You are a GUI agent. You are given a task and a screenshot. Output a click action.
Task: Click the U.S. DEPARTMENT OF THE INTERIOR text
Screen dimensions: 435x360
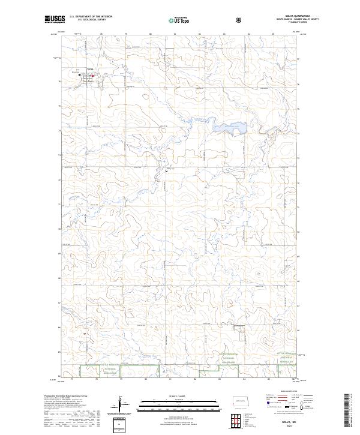click(x=91, y=17)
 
